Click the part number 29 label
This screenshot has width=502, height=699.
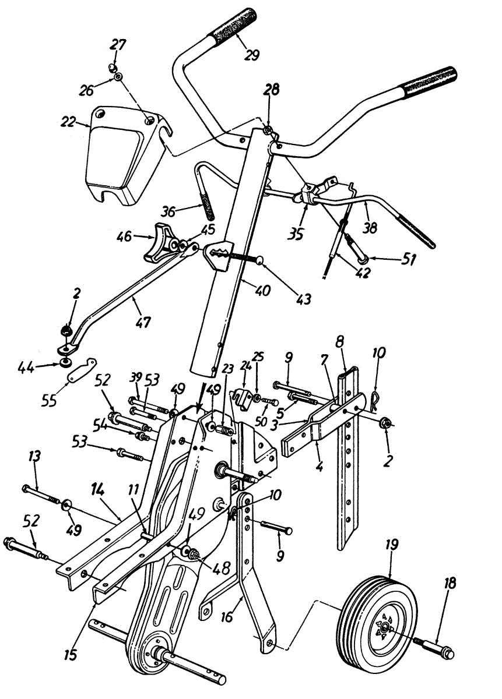[x=252, y=55]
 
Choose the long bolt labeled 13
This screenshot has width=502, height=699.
[x=41, y=493]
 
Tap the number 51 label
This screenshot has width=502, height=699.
[x=409, y=259]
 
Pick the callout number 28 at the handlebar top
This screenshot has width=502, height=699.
[x=272, y=90]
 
